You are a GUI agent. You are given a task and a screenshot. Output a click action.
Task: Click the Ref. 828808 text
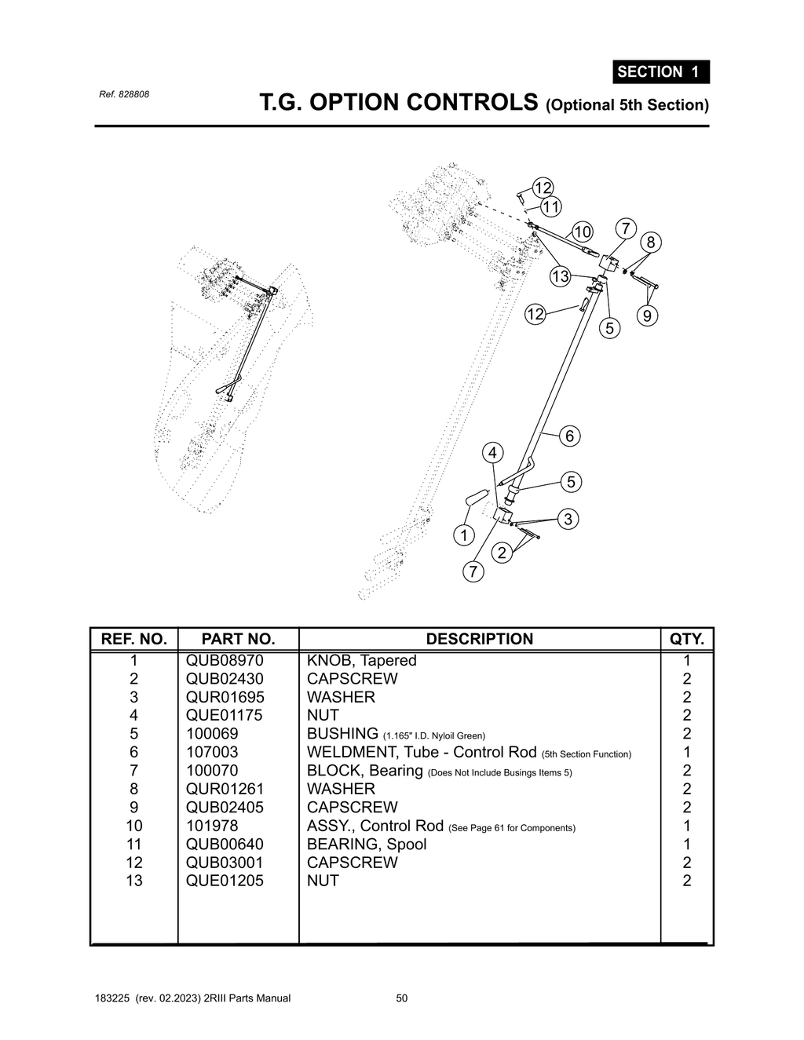point(124,94)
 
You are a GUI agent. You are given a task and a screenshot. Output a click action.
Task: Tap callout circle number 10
point(583,232)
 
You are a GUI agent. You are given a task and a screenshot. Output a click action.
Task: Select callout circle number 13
point(560,276)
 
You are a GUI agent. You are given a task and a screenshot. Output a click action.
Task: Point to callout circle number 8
point(650,243)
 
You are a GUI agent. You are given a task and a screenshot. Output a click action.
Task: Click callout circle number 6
point(569,436)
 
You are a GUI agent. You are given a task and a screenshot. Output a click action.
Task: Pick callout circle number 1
point(464,535)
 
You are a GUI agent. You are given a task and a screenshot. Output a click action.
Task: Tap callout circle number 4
point(492,453)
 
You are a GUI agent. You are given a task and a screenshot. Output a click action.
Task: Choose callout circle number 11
point(551,207)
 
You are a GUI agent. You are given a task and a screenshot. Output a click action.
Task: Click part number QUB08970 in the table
point(225,661)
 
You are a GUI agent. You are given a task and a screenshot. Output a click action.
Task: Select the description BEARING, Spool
point(367,845)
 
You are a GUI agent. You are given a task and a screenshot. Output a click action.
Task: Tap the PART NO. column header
point(238,639)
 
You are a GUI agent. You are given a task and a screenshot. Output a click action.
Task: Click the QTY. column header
point(686,639)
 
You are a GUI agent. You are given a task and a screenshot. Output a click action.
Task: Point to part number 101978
point(212,826)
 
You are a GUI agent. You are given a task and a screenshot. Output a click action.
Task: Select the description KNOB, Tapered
point(361,661)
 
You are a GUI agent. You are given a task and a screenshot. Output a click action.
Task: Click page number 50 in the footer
point(402,998)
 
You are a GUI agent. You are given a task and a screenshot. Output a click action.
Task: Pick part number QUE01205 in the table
point(225,881)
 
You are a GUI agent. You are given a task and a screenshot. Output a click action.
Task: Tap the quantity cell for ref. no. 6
point(687,753)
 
